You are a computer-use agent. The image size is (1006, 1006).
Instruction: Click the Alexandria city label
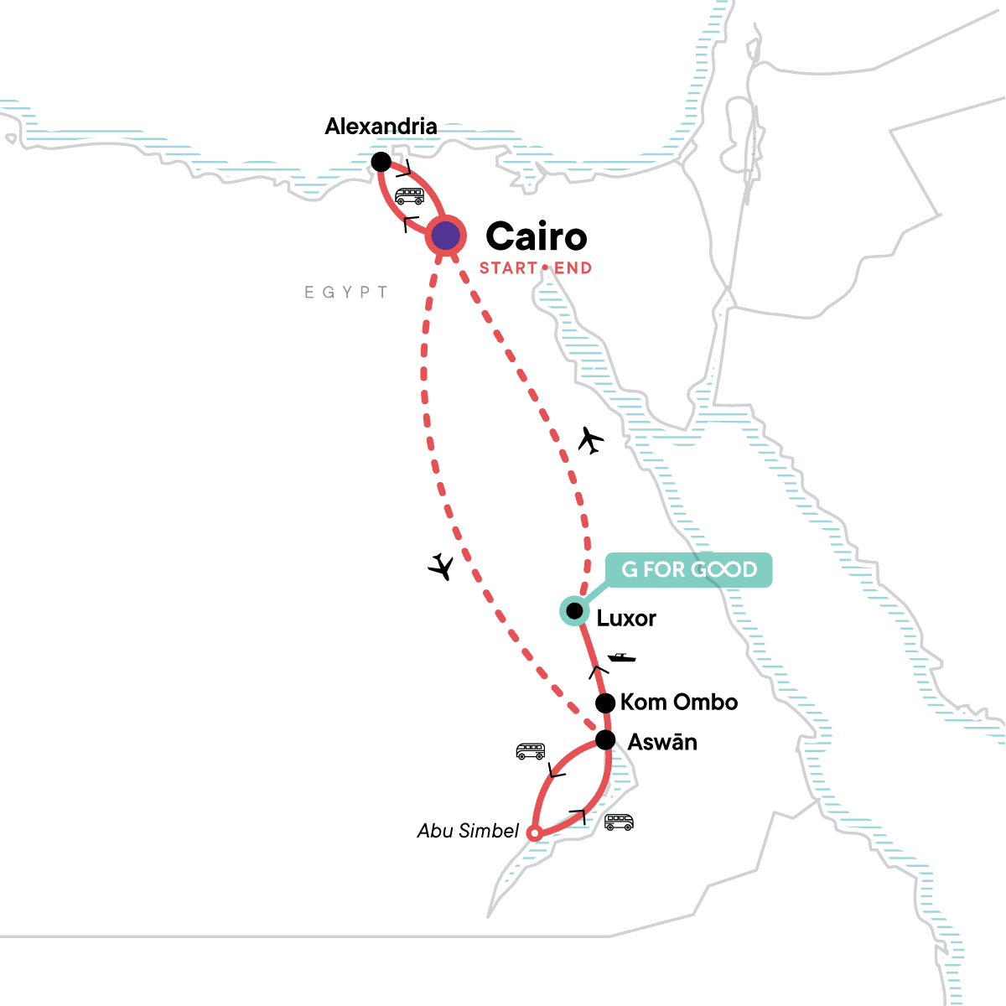pos(381,127)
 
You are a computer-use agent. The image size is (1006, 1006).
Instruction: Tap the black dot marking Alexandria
pos(381,161)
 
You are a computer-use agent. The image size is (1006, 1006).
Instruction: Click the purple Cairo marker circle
pos(446,236)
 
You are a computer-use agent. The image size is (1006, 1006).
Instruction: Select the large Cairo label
pos(537,236)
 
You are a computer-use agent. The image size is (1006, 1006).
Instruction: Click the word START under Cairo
pos(508,268)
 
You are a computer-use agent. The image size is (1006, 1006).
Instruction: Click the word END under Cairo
pos(573,268)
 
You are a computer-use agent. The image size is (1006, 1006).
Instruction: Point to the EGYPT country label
pos(346,293)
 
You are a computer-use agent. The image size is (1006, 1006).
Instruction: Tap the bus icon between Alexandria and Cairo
pos(410,196)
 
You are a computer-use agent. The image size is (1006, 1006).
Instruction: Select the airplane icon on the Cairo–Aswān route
pos(440,567)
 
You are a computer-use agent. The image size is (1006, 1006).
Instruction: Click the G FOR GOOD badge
pos(689,570)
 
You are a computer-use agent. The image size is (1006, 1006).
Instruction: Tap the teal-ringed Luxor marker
pos(574,610)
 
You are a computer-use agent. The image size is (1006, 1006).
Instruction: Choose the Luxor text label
pos(626,619)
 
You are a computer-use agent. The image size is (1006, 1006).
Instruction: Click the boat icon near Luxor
pos(621,657)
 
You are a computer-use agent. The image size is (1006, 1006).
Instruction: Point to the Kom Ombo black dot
pos(604,703)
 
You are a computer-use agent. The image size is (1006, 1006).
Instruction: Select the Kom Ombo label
pos(679,703)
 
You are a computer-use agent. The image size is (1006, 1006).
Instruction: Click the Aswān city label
pos(662,743)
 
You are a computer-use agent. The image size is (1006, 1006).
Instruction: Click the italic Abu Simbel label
pos(469,831)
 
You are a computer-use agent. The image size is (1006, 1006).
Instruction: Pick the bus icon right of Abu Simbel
pos(620,822)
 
